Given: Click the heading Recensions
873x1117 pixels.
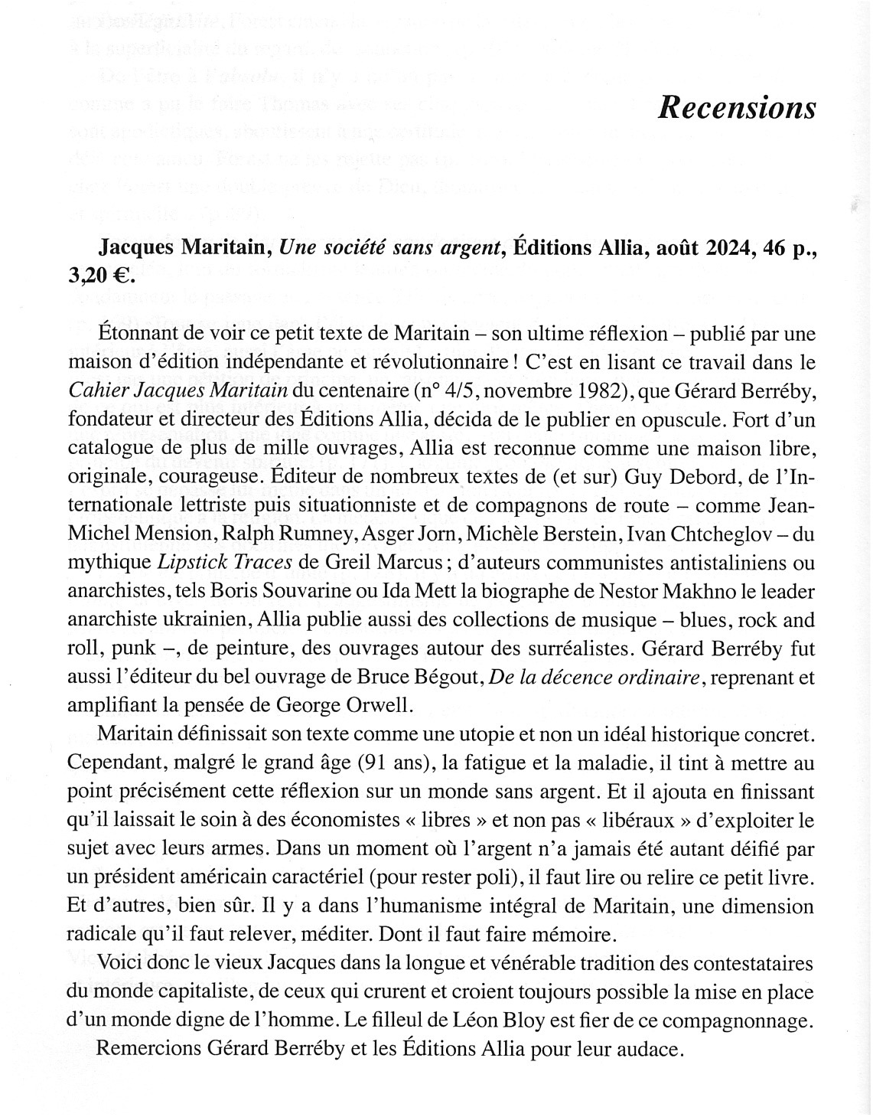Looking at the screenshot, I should coord(736,108).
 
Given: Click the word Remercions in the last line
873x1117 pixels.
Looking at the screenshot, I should coord(149,1050).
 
